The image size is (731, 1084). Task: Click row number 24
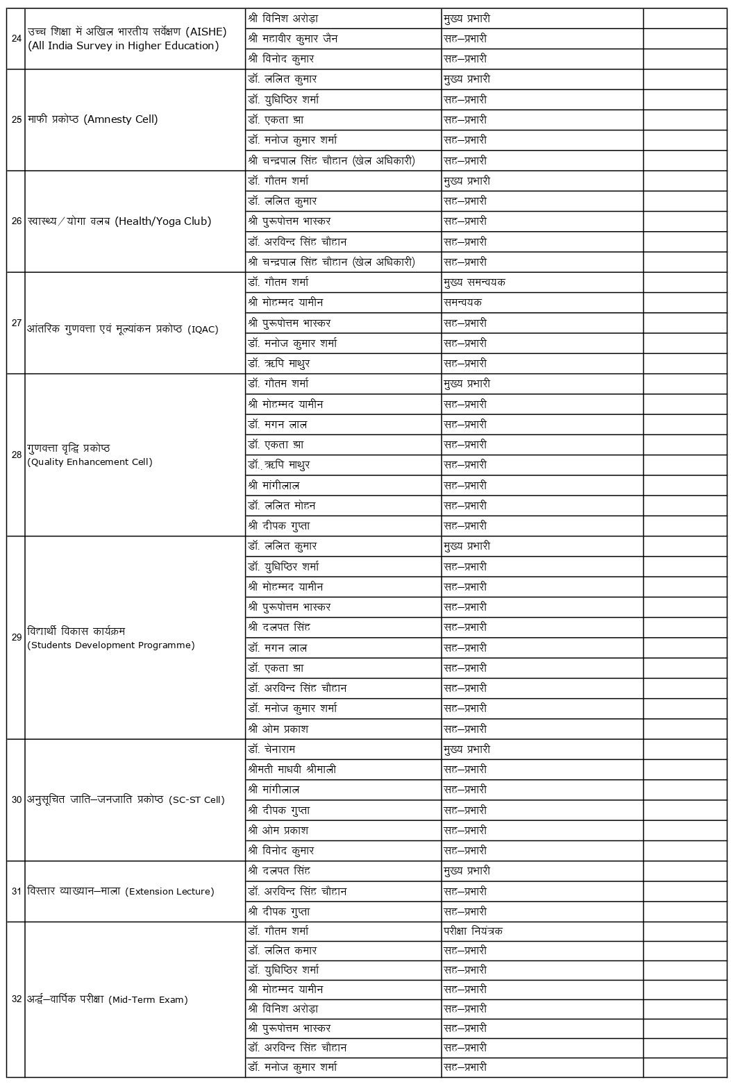coord(17,38)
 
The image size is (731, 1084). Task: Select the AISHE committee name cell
coord(123,38)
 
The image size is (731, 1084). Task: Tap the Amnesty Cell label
coord(93,119)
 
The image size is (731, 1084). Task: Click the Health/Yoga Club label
coord(119,221)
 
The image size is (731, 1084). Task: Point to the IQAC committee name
coord(123,329)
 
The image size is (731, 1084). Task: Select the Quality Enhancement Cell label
coord(90,455)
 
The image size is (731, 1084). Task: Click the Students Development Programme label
coord(111,638)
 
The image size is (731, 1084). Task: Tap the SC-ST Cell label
coord(126,799)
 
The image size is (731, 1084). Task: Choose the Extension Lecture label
coord(121,891)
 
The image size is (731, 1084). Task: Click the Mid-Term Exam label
coord(108,999)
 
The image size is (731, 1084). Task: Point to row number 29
coord(17,637)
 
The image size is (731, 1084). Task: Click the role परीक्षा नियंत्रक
coord(473,931)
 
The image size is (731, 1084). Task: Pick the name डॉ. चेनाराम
coord(276,750)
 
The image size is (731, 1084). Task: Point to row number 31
coord(17,891)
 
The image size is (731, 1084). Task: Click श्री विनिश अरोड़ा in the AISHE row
coord(283,19)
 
